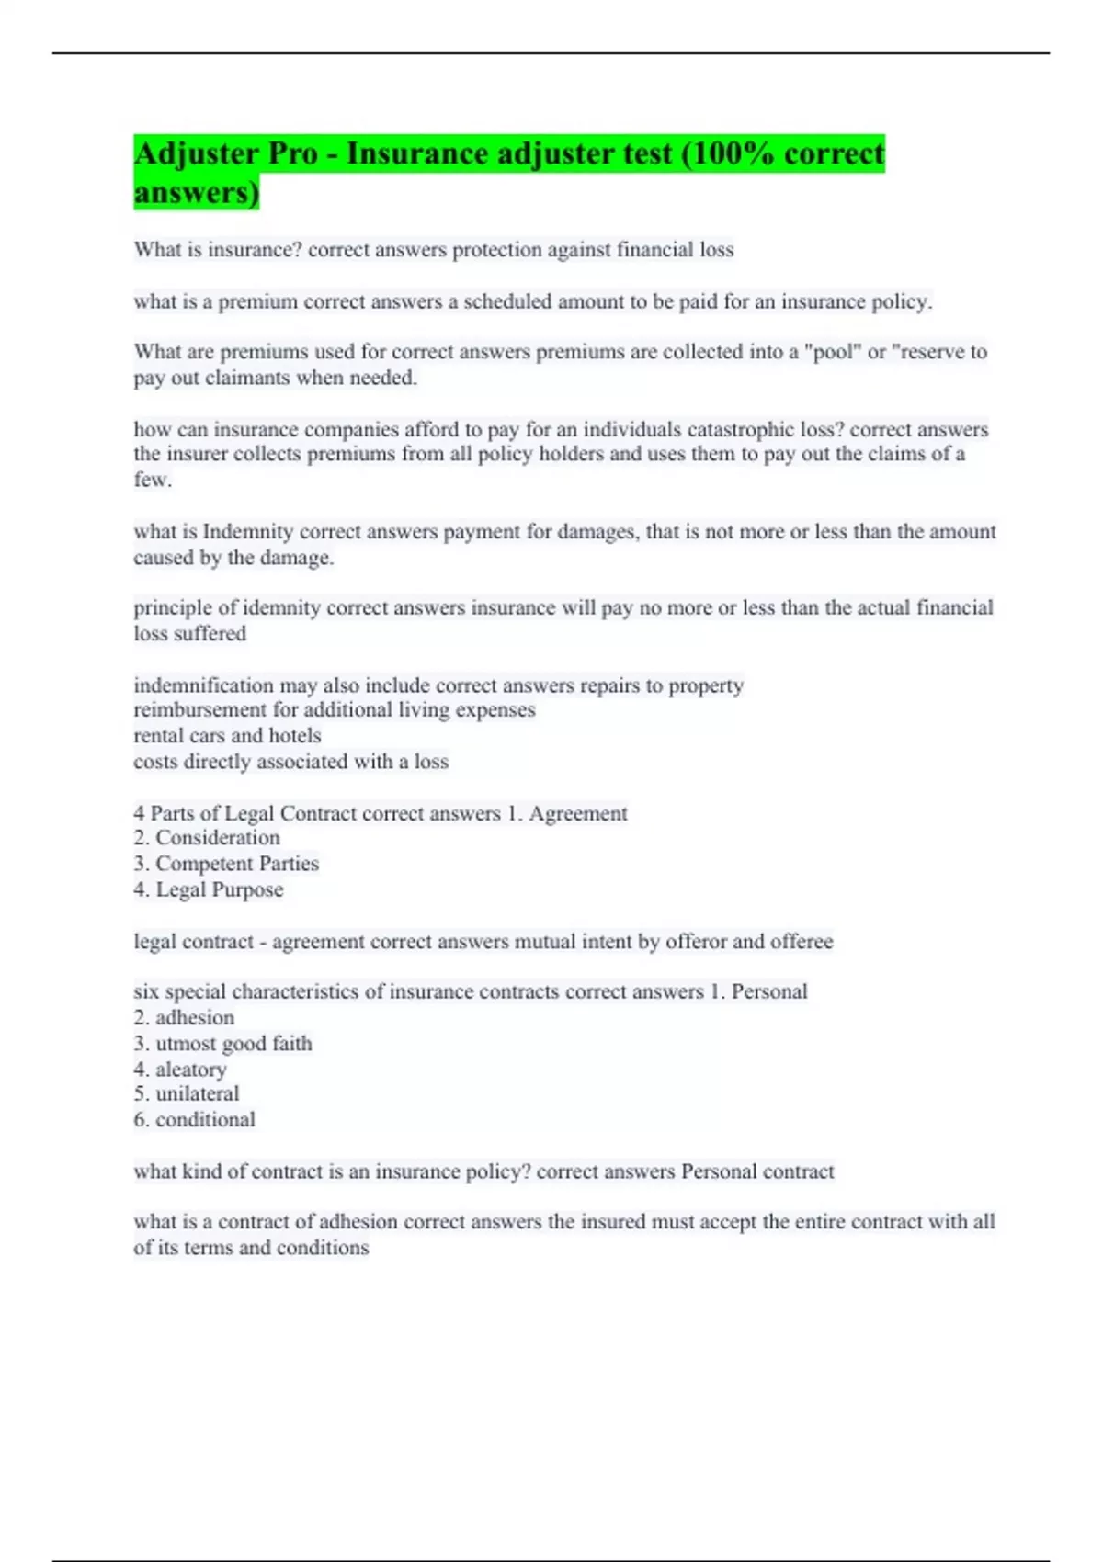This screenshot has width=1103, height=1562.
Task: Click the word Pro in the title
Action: [x=292, y=153]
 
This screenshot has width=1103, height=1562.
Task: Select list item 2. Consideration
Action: [x=207, y=838]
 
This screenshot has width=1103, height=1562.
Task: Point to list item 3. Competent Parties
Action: [x=226, y=864]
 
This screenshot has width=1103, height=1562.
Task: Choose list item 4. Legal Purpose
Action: [x=209, y=889]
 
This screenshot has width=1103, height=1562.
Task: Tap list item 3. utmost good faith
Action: [x=222, y=1044]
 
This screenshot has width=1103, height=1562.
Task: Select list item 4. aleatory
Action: [x=180, y=1070]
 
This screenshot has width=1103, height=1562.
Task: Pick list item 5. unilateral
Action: [x=187, y=1094]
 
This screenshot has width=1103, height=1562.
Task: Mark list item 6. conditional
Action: [x=195, y=1120]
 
